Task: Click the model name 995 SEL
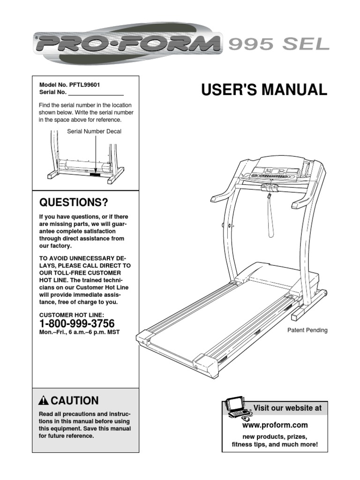tap(278, 45)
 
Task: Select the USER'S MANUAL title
tap(264, 90)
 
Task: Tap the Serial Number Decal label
tap(94, 131)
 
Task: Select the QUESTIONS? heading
tap(73, 202)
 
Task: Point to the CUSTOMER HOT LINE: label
tap(72, 315)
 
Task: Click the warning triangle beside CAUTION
tap(44, 401)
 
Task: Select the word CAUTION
tap(75, 401)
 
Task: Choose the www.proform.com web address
tap(275, 426)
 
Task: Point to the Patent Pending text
tap(307, 330)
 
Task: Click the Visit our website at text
tap(287, 408)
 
